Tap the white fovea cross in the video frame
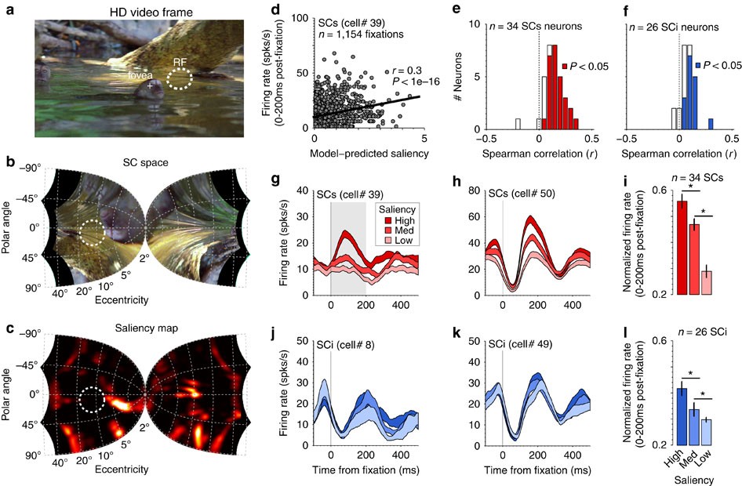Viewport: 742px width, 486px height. pos(150,86)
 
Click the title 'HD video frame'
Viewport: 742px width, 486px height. pos(151,12)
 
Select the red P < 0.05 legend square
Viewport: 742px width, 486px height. pos(564,66)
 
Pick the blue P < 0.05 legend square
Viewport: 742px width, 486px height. pos(698,65)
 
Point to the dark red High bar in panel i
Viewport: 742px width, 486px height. pos(682,247)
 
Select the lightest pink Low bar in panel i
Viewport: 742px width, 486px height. pos(706,283)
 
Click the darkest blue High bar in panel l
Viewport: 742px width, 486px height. pos(682,416)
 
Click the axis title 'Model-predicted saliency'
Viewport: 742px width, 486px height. pos(369,153)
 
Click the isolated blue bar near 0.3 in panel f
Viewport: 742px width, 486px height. pos(711,124)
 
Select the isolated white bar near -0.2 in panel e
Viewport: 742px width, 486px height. pos(518,124)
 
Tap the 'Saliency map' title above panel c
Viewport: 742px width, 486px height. pos(147,328)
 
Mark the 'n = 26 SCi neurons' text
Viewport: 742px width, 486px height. pos(674,27)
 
